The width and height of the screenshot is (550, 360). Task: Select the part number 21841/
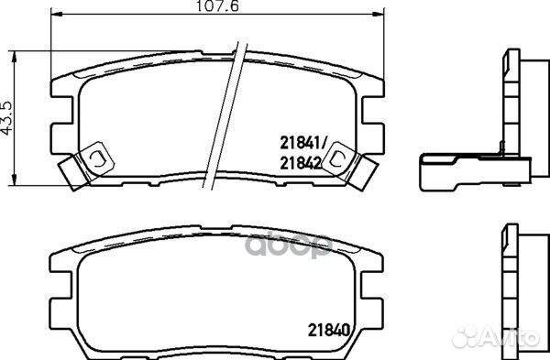pyautogui.click(x=298, y=141)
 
